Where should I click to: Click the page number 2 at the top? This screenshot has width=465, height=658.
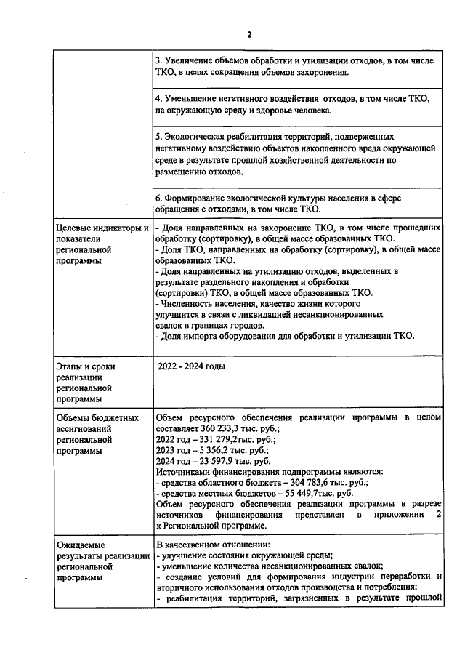point(248,34)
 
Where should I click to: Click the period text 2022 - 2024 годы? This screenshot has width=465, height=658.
point(192,366)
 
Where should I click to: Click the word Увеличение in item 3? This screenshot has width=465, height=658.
point(192,62)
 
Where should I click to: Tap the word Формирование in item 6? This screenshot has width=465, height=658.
point(197,198)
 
